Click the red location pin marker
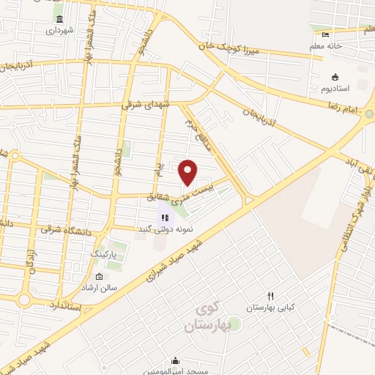click(188, 172)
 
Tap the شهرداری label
click(59, 31)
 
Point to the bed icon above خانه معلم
click(326, 34)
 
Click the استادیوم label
click(335, 88)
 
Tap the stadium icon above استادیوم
click(335, 77)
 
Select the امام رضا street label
click(363, 108)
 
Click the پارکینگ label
click(103, 253)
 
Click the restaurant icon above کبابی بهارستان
click(271, 296)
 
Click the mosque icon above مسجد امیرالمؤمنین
click(174, 360)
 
